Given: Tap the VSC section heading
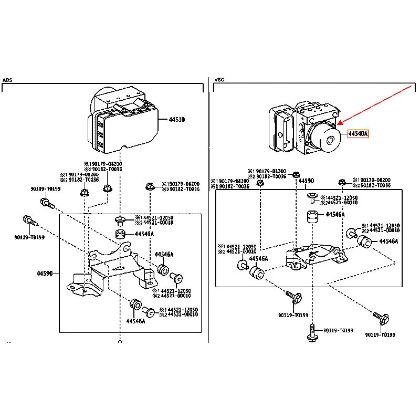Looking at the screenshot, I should coord(219,80).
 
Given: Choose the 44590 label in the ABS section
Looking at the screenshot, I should coord(45,274).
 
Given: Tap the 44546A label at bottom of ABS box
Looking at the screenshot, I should coord(135,320).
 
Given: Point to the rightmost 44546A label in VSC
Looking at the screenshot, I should coord(388,241).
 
